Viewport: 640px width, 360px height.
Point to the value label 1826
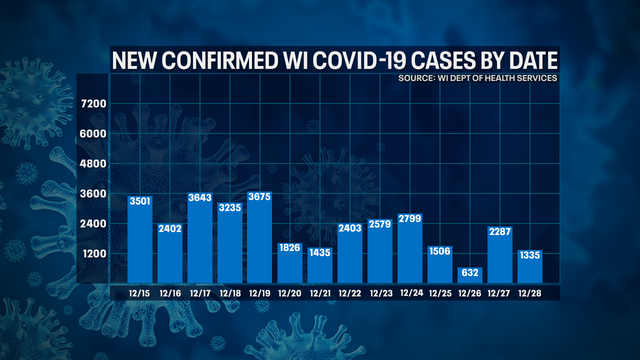coord(290,247)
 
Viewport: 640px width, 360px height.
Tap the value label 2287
coord(500,233)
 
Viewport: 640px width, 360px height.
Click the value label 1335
coord(530,256)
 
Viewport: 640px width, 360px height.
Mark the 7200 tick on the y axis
coord(93,104)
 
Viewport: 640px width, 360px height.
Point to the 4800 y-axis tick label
coord(93,163)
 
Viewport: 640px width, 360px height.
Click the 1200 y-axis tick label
coord(93,253)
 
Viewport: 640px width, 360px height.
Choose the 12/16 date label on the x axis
coord(170,293)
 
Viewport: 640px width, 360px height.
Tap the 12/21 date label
coord(320,293)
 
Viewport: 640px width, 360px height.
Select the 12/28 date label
coord(530,293)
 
